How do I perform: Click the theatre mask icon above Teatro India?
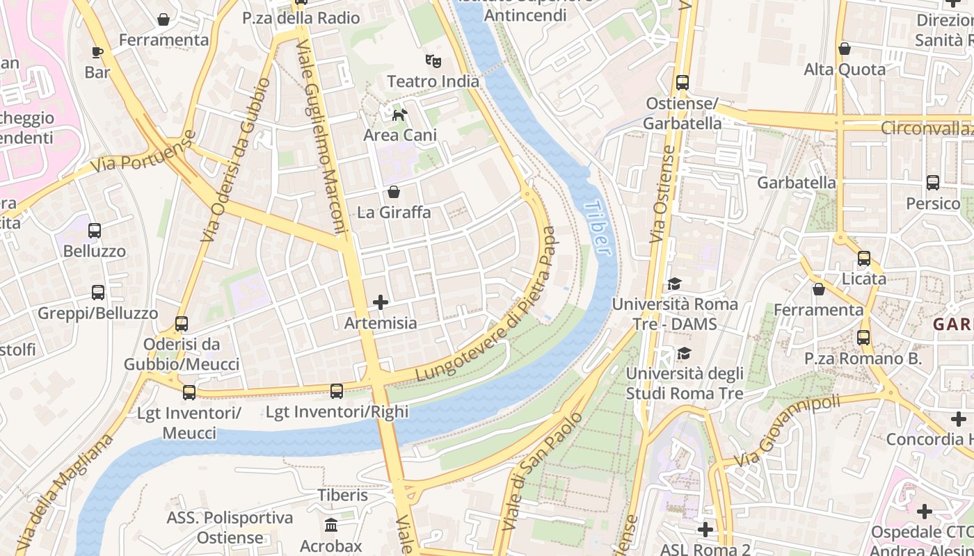(x=433, y=61)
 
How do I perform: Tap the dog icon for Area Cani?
(x=399, y=115)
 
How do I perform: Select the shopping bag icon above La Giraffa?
(x=394, y=192)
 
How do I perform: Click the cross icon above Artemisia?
(x=381, y=302)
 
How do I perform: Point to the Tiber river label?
(x=598, y=228)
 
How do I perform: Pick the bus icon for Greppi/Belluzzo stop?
(x=98, y=293)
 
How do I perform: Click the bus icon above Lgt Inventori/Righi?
(x=337, y=391)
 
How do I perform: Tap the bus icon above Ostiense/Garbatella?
(x=682, y=83)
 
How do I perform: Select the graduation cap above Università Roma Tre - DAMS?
(x=674, y=284)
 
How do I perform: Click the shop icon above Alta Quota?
(x=845, y=49)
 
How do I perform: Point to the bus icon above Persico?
(x=933, y=183)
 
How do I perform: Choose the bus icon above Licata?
(x=864, y=259)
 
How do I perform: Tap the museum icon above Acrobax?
(x=331, y=525)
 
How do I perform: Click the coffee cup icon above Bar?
(x=97, y=52)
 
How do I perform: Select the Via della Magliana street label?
(x=65, y=494)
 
